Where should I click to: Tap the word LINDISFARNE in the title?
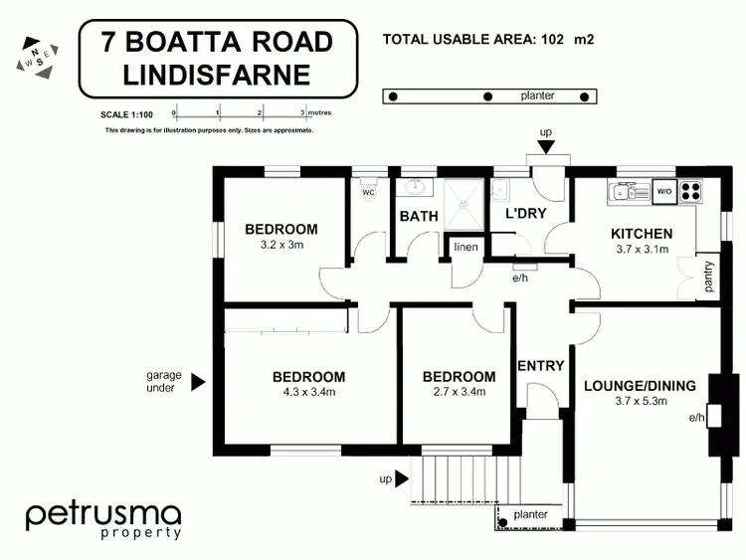click(217, 75)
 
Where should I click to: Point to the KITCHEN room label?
click(641, 235)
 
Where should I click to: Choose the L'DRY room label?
click(526, 214)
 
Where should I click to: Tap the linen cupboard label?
click(465, 247)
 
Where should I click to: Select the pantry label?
click(707, 277)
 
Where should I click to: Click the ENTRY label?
click(541, 366)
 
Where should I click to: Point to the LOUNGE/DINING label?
click(640, 387)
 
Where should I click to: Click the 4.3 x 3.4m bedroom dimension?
click(308, 392)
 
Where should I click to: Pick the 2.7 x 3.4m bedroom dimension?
click(459, 392)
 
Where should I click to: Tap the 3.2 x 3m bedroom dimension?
click(280, 244)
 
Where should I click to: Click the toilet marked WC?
click(368, 190)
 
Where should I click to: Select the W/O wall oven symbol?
click(663, 189)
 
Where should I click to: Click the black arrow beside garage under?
click(198, 381)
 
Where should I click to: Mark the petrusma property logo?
click(103, 519)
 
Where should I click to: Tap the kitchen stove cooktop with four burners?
click(690, 189)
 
